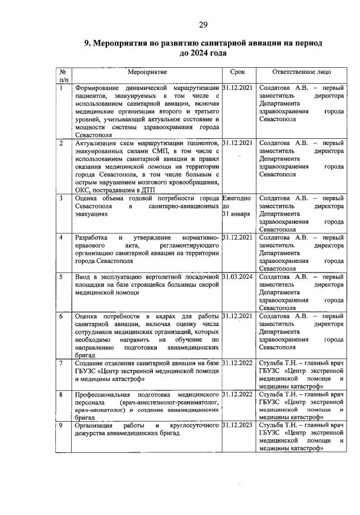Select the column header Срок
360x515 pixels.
(238, 73)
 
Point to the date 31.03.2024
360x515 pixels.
(238, 277)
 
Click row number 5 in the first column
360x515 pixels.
(61, 277)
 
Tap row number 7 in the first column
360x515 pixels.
(61, 362)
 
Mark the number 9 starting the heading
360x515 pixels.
(87, 43)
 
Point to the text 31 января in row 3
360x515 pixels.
(237, 214)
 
